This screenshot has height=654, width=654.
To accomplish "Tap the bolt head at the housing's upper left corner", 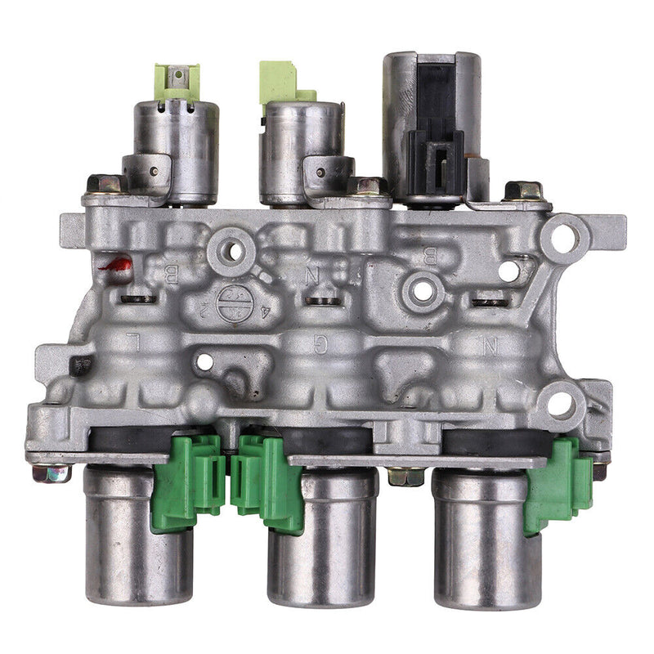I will (103, 184).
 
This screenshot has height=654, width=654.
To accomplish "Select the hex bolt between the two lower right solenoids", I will (405, 475).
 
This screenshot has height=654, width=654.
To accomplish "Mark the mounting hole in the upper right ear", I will (562, 235).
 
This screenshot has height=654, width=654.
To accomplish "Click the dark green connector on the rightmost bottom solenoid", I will (559, 483).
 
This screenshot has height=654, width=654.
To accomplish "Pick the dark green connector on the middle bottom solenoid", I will (264, 482).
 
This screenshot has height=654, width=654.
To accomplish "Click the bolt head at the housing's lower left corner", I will (43, 473).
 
